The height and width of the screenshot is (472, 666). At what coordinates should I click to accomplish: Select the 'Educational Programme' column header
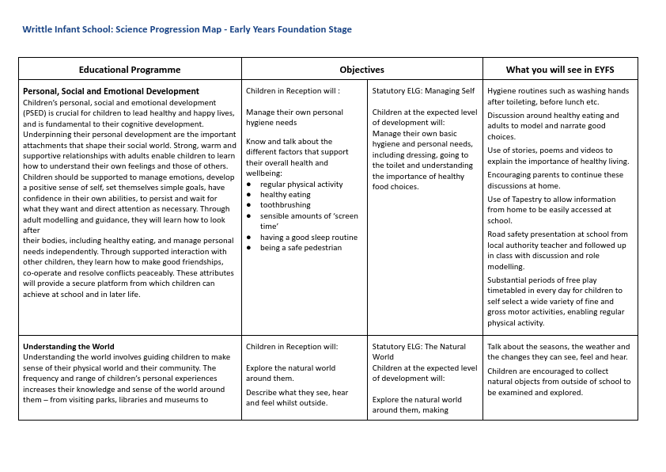tap(130, 70)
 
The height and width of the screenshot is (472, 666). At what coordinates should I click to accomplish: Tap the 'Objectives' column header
tap(361, 70)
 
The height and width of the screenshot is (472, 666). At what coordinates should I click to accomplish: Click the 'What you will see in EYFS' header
tap(559, 70)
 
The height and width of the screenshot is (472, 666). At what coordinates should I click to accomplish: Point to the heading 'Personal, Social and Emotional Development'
tap(111, 91)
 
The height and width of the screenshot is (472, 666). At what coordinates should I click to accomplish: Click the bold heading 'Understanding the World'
tap(68, 346)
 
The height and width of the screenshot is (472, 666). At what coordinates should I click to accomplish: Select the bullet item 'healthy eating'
tap(286, 195)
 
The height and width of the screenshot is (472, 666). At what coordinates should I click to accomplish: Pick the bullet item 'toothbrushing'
tap(285, 205)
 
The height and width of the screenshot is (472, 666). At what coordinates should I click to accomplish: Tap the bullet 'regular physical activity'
tap(301, 185)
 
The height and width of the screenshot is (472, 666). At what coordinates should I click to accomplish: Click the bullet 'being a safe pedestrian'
tap(301, 248)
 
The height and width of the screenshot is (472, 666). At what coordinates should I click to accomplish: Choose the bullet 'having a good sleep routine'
tap(308, 238)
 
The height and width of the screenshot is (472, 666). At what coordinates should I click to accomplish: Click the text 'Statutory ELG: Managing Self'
tap(423, 91)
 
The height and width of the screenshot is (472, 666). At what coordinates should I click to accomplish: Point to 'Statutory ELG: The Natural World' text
tap(419, 352)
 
